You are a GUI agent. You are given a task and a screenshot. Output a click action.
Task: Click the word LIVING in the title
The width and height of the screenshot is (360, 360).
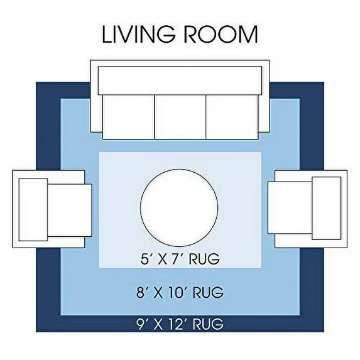(139, 35)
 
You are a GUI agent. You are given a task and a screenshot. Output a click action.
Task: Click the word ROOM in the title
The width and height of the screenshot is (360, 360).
(221, 35)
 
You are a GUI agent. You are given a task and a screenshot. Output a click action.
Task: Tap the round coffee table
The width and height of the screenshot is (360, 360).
(179, 208)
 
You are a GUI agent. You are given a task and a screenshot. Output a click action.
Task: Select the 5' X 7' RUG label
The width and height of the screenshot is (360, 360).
(180, 259)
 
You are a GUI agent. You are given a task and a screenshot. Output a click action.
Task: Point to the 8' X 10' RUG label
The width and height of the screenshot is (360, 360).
(180, 292)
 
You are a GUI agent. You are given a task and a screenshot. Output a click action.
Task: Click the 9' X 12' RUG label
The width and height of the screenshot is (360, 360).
(180, 324)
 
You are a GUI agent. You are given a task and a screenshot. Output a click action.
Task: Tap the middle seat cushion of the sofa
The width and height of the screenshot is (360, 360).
(180, 117)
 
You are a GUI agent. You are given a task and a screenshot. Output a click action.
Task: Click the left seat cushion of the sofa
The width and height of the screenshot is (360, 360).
(129, 117)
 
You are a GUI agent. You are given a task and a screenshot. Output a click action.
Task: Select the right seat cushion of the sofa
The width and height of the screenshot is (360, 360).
(232, 117)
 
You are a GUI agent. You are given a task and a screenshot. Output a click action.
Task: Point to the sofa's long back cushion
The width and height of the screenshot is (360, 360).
(180, 80)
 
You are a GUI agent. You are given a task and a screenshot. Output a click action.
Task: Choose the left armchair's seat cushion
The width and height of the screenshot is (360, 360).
(70, 210)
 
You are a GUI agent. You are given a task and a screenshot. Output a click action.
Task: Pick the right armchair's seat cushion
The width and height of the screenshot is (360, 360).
(290, 208)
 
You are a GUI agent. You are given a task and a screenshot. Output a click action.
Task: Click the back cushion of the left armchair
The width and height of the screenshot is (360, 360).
(33, 210)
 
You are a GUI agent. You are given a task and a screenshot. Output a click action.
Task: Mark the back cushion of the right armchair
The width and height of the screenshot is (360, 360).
(327, 208)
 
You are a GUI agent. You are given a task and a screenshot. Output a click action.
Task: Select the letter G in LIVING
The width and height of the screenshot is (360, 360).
(166, 35)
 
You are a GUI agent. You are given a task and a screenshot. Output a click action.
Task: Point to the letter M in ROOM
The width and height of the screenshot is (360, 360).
(248, 35)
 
